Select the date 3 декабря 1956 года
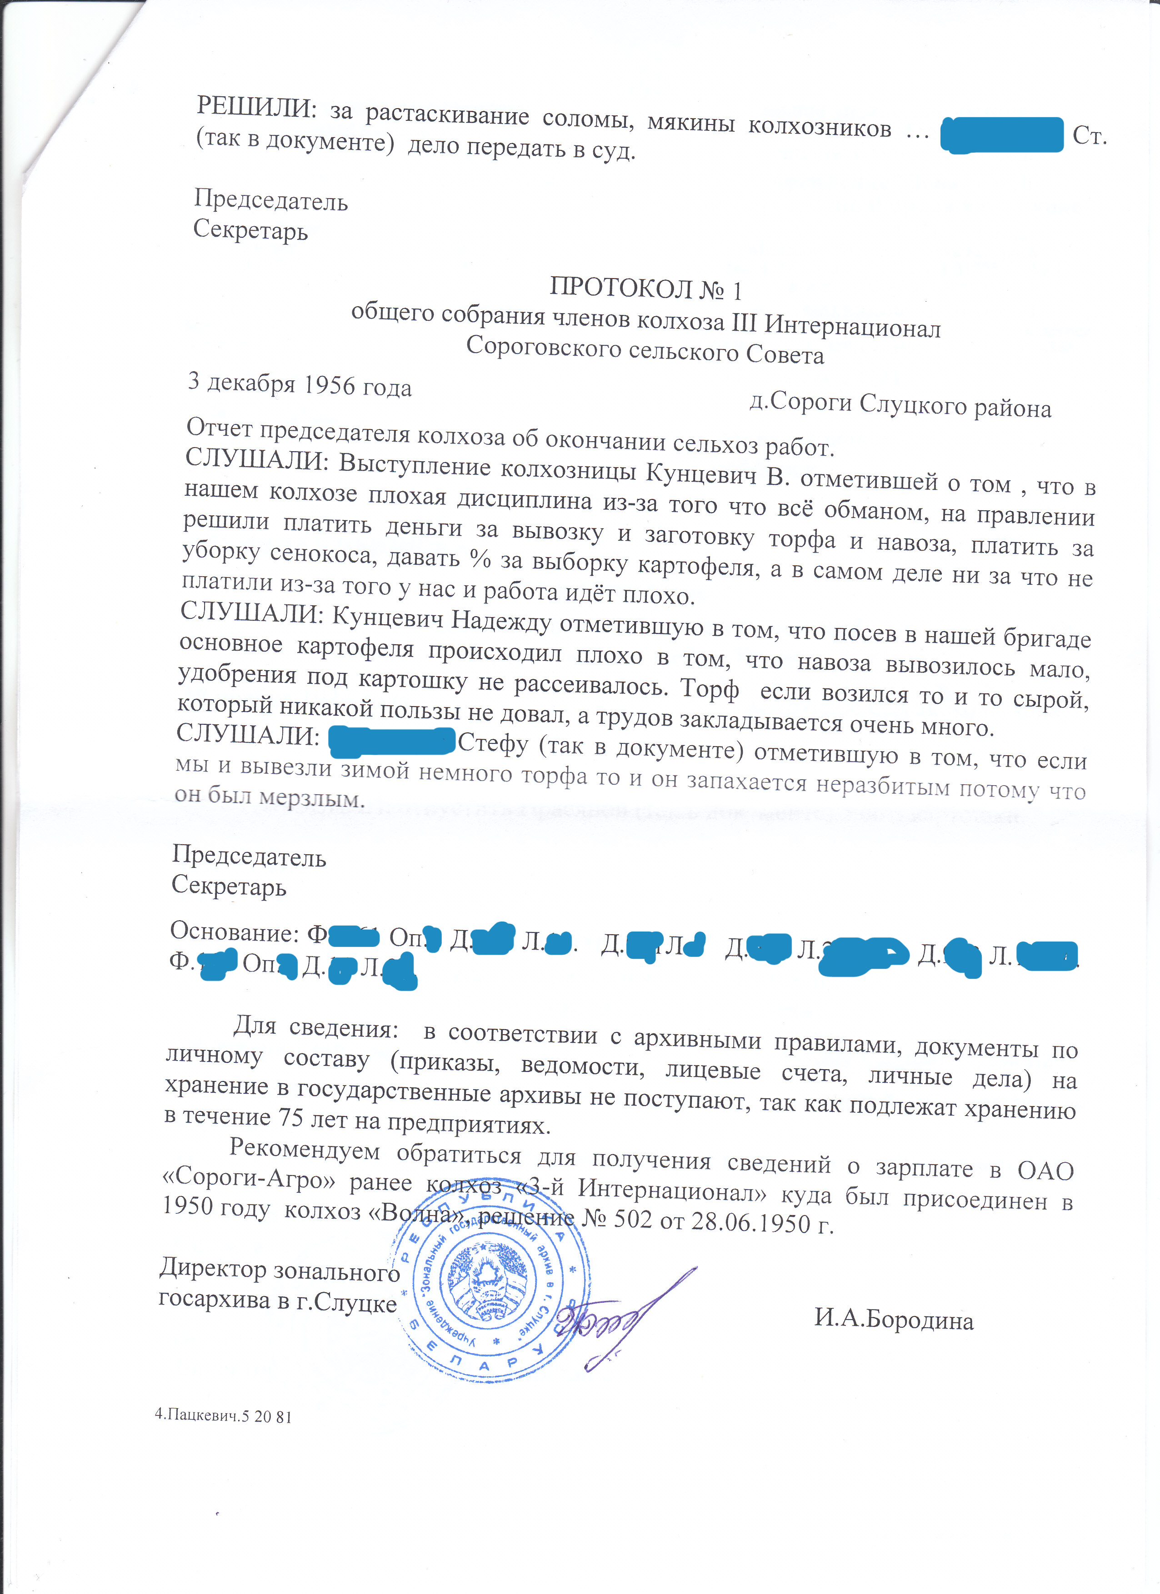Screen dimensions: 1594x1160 300,384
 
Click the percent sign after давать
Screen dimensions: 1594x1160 480,559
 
